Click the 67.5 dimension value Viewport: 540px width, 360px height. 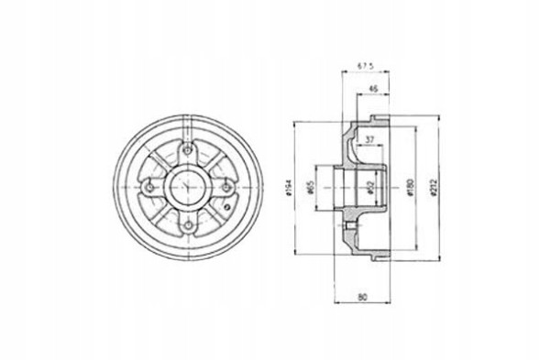(x=364, y=66)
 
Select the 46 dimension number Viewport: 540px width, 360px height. (x=373, y=89)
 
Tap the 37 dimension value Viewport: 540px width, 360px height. (x=369, y=139)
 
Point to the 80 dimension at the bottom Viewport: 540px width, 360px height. (x=364, y=295)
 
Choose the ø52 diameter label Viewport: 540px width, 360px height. (x=369, y=189)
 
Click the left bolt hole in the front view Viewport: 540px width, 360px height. (x=148, y=190)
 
